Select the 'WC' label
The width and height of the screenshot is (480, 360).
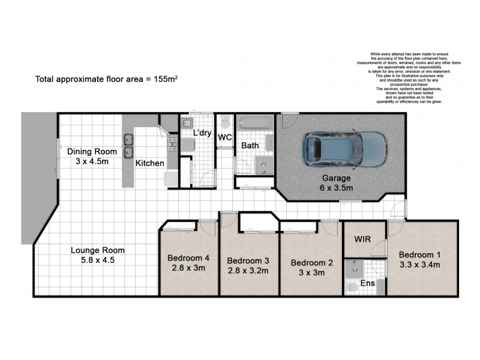pyautogui.click(x=225, y=137)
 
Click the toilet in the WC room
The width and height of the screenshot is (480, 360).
pyautogui.click(x=224, y=124)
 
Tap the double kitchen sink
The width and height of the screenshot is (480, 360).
pyautogui.click(x=128, y=146)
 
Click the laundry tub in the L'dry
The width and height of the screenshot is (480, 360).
pyautogui.click(x=187, y=124)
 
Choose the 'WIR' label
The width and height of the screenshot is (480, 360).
pyautogui.click(x=363, y=239)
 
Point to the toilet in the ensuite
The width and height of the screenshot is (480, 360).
pyautogui.click(x=353, y=288)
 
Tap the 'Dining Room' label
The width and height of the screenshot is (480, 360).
pyautogui.click(x=91, y=151)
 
